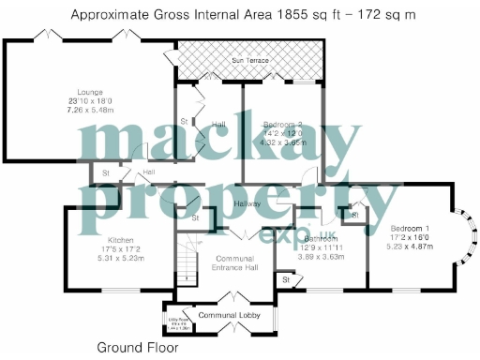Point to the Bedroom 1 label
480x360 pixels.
click(x=409, y=229)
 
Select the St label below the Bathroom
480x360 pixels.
click(x=284, y=279)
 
